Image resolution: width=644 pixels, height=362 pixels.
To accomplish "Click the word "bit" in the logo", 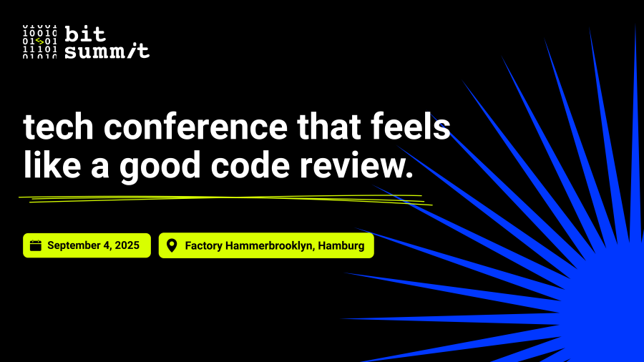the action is [x=85, y=34].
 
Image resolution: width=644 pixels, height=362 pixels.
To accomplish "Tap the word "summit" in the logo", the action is [x=107, y=51].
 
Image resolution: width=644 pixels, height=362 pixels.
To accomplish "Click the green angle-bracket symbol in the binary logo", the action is [x=39, y=41].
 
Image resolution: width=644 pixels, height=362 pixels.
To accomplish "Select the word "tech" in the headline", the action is [x=58, y=127].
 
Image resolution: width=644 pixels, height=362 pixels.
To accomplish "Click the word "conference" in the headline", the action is [x=195, y=127].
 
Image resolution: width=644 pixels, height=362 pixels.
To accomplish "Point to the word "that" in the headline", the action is [x=329, y=127].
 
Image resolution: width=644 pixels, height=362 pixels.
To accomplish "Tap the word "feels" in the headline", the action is [x=411, y=127].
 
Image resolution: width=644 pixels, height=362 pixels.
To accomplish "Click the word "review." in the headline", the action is [x=356, y=165].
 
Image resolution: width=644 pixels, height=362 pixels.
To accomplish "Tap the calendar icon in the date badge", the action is [x=36, y=245].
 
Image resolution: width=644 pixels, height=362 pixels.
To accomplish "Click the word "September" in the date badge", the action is [x=74, y=246].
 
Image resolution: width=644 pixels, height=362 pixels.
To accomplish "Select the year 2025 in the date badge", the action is [x=127, y=245].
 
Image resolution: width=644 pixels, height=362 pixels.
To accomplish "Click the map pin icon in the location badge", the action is [x=172, y=245].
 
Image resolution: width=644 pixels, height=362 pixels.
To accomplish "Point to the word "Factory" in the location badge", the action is [x=203, y=246].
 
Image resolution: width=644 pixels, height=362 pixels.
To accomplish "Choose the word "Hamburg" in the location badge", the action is [x=341, y=246].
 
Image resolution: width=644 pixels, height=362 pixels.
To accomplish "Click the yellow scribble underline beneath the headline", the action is [x=225, y=200].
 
